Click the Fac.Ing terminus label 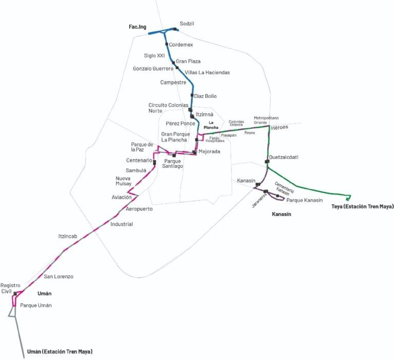(x=138, y=26)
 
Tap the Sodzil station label (x=187, y=24)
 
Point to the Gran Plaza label (x=188, y=61)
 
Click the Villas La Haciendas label (x=207, y=72)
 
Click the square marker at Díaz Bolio (x=192, y=95)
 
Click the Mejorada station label (x=209, y=151)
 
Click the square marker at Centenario (x=154, y=162)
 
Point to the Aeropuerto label (x=139, y=209)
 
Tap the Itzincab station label (x=68, y=236)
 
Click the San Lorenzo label (x=58, y=276)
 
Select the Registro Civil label (x=10, y=288)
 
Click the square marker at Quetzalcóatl (x=267, y=162)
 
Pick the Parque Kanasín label (x=305, y=199)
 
